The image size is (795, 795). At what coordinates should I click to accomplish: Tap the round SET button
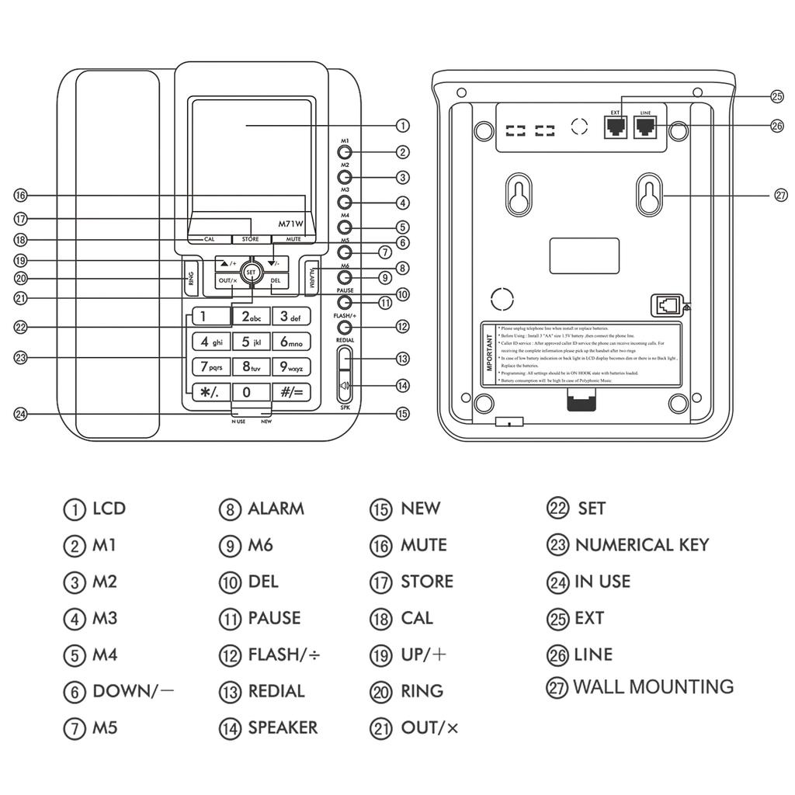tap(250, 273)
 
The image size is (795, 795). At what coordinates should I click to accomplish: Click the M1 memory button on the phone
tap(345, 153)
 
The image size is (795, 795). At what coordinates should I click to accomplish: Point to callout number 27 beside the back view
tap(781, 196)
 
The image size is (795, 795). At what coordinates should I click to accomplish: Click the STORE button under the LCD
tap(250, 239)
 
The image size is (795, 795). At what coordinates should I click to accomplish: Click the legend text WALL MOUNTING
tap(653, 687)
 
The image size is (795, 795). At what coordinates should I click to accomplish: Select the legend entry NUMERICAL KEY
tap(641, 545)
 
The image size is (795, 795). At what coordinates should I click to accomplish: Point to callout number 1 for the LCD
tap(403, 126)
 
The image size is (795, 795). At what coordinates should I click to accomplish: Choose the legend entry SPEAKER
tap(283, 728)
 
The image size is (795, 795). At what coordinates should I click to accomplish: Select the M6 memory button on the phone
tap(345, 277)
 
